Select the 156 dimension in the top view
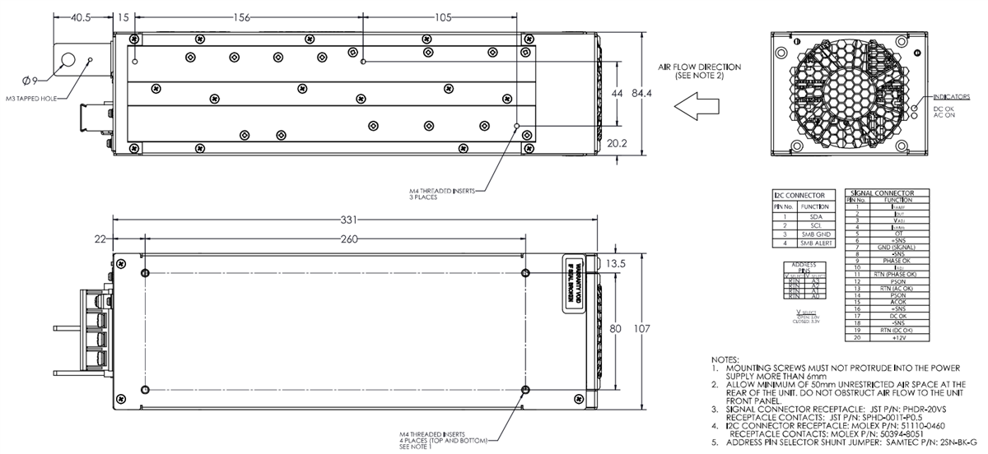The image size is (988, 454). (241, 17)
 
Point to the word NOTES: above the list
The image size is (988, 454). (725, 360)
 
